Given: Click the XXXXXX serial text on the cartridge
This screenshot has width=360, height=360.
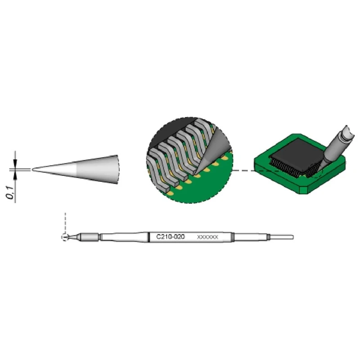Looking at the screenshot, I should [207, 237].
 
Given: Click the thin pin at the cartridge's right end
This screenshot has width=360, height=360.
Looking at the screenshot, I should [282, 237].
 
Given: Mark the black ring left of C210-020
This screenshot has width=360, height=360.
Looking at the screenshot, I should [149, 237].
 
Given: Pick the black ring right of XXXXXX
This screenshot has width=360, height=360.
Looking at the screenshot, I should [232, 237].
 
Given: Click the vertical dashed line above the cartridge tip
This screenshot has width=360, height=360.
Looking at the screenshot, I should [66, 223].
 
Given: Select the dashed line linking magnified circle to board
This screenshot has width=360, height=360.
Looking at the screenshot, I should [243, 171].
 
